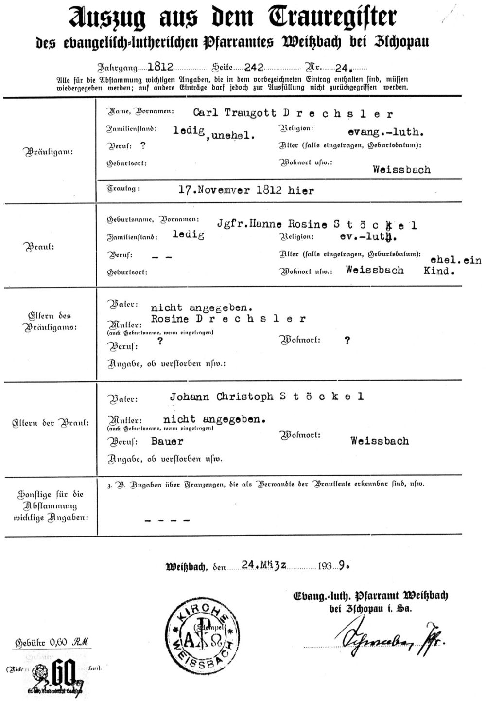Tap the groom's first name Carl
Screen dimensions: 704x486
coord(206,113)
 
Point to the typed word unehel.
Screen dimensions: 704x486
coord(237,136)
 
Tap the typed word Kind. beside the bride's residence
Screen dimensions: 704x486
coord(439,271)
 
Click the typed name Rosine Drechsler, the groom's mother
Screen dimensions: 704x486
coord(228,319)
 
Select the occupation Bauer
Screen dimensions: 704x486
coord(167,441)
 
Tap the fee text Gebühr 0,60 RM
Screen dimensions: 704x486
coord(53,643)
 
